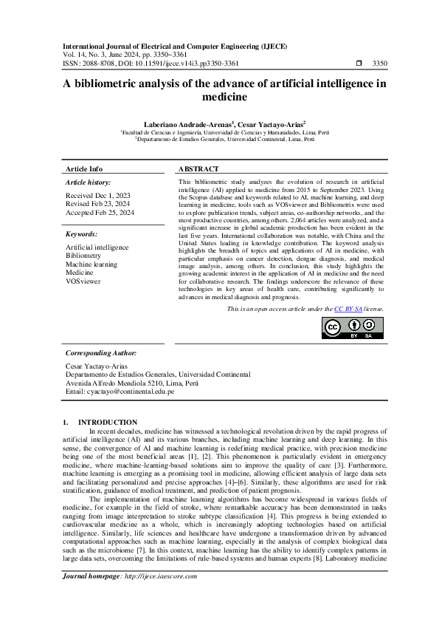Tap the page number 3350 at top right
[380, 64]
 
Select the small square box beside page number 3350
[358, 64]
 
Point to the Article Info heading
[84, 169]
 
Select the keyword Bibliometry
[83, 256]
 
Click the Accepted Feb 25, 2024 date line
[100, 212]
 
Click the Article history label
[89, 182]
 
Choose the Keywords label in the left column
[82, 234]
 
